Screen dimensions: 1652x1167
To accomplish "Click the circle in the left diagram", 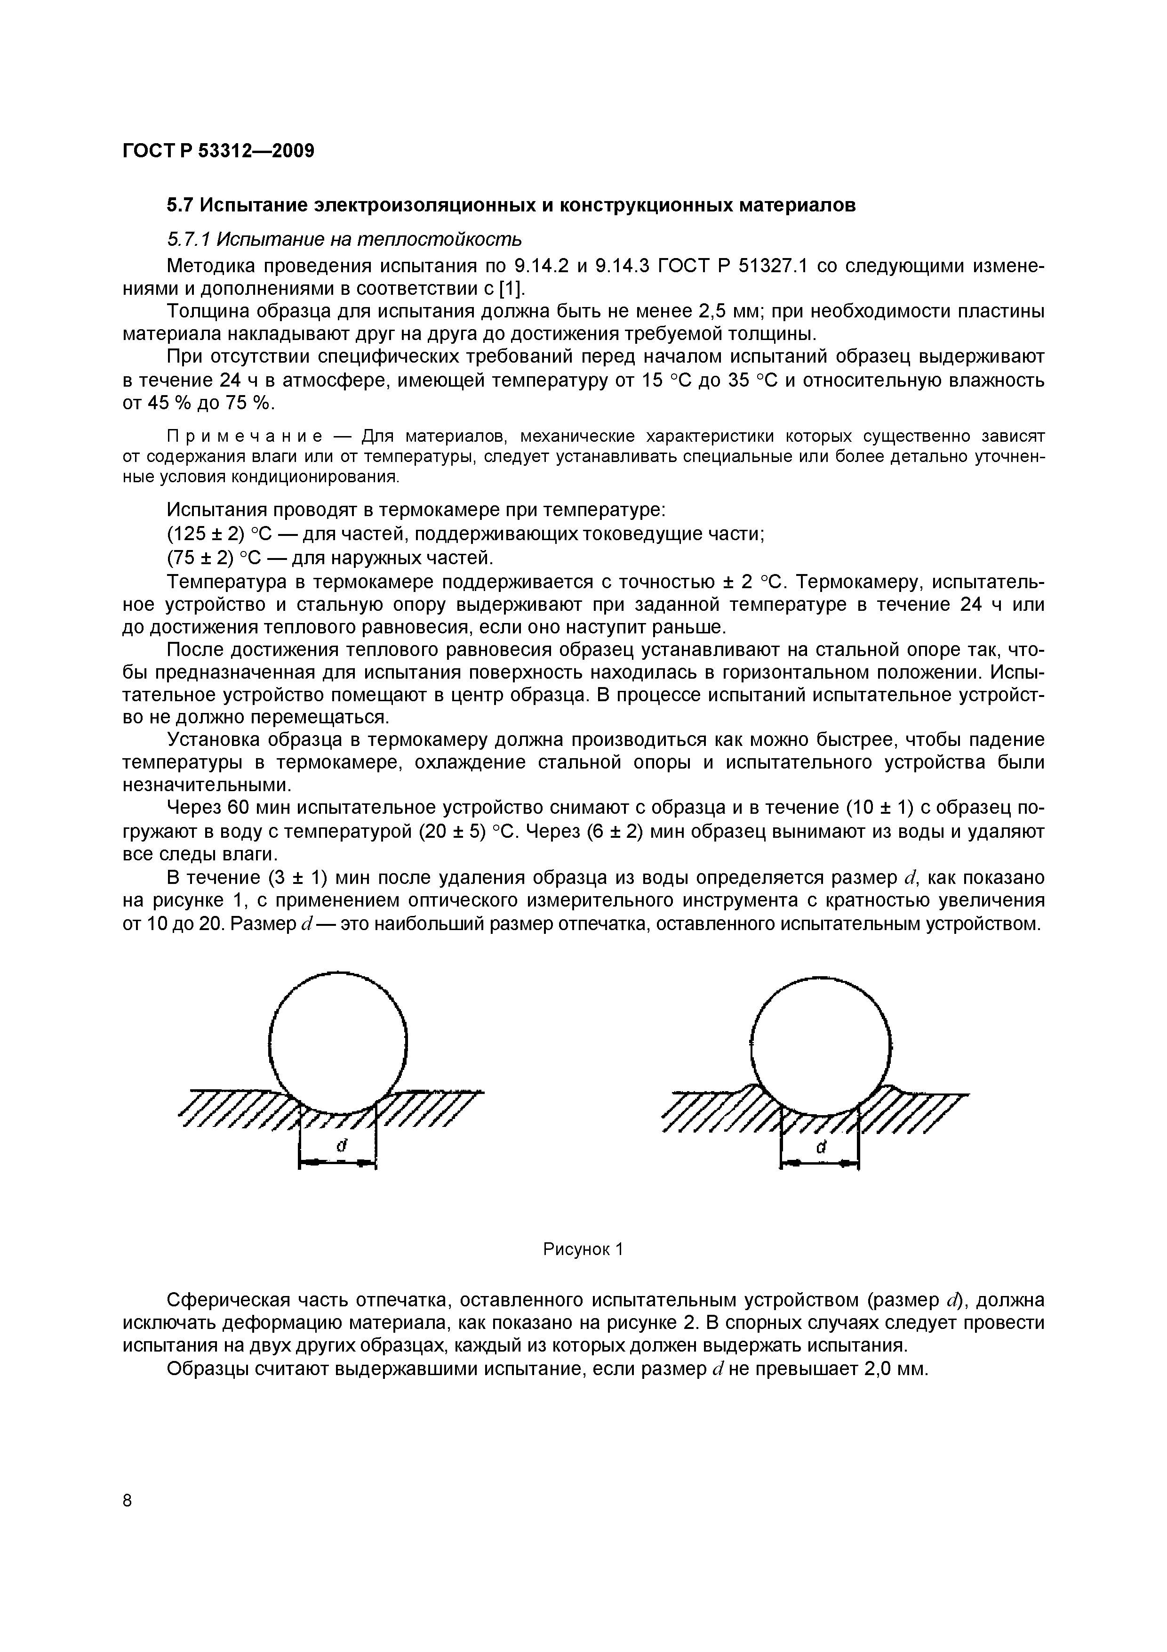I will (x=337, y=1042).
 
